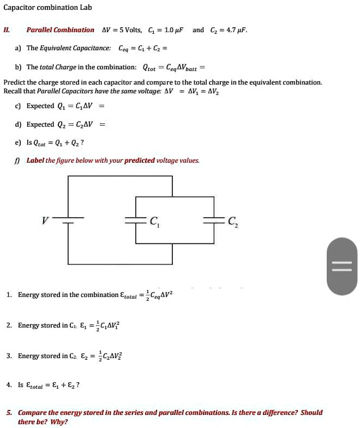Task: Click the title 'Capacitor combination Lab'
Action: point(47,8)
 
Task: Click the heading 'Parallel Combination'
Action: point(60,30)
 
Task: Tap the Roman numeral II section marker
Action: point(7,30)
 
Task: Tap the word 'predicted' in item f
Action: point(140,160)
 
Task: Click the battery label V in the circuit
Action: point(46,221)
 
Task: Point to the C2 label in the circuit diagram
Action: point(232,221)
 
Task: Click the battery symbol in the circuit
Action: point(69,221)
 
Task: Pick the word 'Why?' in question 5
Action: point(58,421)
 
